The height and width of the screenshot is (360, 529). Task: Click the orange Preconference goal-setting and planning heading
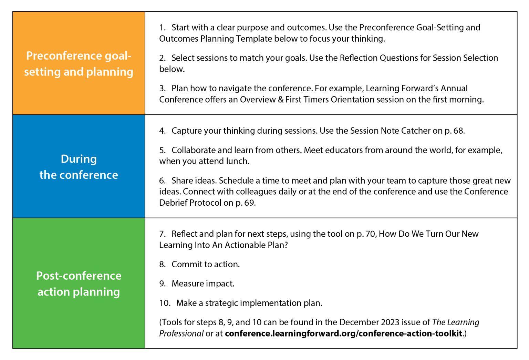click(79, 64)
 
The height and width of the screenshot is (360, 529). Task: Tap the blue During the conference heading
click(79, 167)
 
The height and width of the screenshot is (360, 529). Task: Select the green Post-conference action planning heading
click(79, 284)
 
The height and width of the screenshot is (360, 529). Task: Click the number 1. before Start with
click(162, 28)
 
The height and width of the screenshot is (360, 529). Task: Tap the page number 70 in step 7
click(371, 234)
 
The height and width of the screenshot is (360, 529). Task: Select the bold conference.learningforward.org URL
click(343, 333)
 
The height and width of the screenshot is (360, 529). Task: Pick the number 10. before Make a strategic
click(165, 303)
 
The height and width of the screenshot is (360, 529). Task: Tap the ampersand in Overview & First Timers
click(281, 100)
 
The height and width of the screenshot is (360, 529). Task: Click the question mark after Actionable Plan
click(286, 245)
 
